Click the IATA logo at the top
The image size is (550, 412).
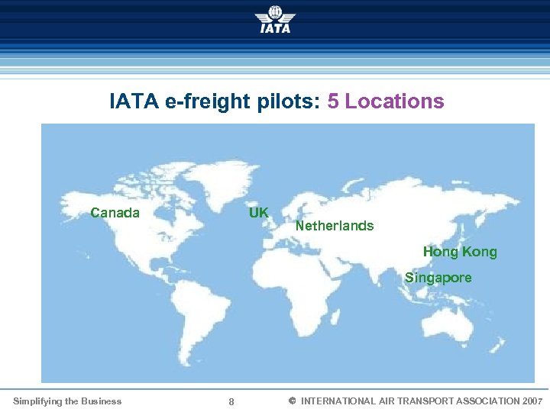274,19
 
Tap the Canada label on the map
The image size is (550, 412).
115,213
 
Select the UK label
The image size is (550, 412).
258,213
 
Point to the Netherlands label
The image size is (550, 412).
335,226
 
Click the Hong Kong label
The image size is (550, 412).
460,252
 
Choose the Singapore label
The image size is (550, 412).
438,278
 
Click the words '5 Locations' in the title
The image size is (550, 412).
386,101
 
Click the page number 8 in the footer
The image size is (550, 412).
231,402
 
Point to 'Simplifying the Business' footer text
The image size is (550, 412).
67,401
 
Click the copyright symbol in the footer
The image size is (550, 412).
292,401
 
